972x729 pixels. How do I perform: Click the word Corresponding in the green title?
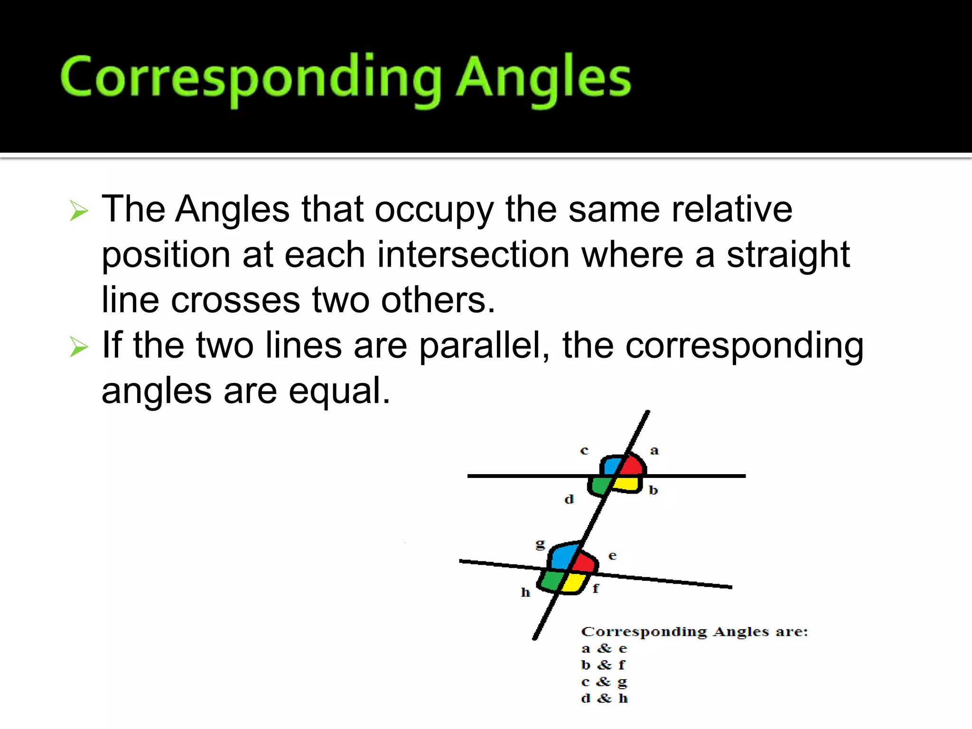coord(252,78)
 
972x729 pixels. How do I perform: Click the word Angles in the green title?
coord(543,78)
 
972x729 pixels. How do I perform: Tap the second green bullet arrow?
coord(79,346)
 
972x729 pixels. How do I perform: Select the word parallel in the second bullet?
coord(484,346)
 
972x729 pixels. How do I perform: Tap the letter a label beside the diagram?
coord(654,450)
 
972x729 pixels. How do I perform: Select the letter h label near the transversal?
coord(525,592)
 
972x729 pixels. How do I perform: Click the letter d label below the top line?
coord(569,499)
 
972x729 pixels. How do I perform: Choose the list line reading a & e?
coord(604,648)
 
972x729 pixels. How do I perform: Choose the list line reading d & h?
coord(604,698)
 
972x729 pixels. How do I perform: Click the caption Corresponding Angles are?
coord(694,632)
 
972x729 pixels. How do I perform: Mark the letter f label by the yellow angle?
coord(596,589)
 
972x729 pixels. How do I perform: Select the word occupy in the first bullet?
coord(434,209)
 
